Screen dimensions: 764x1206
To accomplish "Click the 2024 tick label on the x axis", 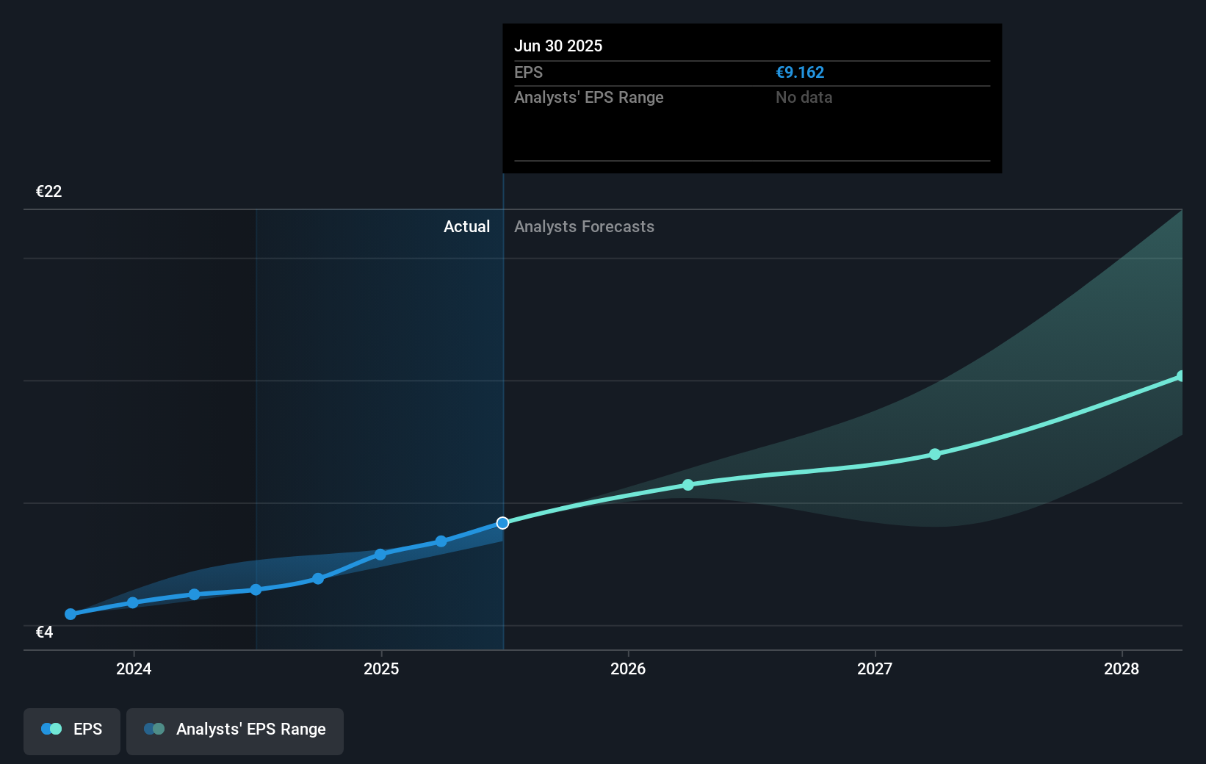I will pyautogui.click(x=134, y=668).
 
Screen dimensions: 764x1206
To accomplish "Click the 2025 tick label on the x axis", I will pyautogui.click(x=381, y=668).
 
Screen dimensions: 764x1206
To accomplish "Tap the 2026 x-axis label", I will pyautogui.click(x=628, y=668).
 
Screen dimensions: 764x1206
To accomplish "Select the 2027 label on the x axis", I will pyautogui.click(x=875, y=668).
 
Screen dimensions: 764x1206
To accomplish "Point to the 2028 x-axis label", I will pyautogui.click(x=1122, y=668).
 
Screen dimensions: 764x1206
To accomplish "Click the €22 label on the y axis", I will pyautogui.click(x=48, y=192).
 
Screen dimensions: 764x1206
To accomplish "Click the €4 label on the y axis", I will pyautogui.click(x=44, y=633).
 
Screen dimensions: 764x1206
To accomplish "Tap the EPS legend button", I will pyautogui.click(x=72, y=729).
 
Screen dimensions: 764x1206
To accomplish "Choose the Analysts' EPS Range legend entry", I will pyautogui.click(x=235, y=729).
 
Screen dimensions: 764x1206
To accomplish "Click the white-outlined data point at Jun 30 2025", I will pyautogui.click(x=502, y=523).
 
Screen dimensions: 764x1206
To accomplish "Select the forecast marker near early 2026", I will pyautogui.click(x=688, y=485).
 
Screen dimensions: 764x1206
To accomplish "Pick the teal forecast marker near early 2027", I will pyautogui.click(x=935, y=454).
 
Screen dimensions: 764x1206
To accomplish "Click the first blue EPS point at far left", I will pyautogui.click(x=71, y=614).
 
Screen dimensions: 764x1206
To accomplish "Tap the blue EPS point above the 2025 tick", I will pyautogui.click(x=380, y=555).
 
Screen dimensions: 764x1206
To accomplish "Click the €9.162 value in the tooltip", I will pyautogui.click(x=800, y=73).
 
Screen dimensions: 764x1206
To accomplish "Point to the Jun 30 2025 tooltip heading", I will pyautogui.click(x=558, y=46).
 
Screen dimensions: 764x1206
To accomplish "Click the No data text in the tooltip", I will pyautogui.click(x=804, y=98).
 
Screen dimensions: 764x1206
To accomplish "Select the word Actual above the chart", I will pyautogui.click(x=466, y=227).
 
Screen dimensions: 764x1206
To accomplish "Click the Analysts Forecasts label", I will pyautogui.click(x=584, y=227).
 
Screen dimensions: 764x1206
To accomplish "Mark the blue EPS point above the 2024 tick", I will pyautogui.click(x=133, y=602).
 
